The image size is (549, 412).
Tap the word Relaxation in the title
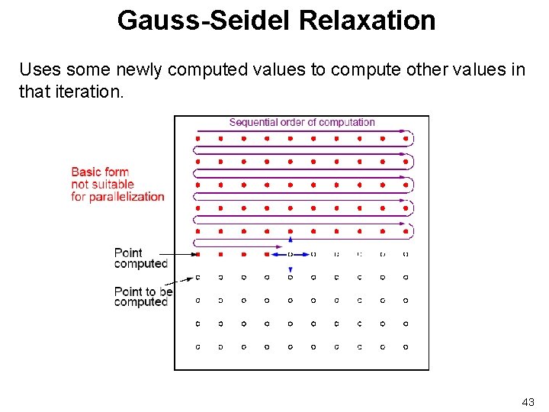(x=368, y=20)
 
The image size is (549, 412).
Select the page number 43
(x=528, y=401)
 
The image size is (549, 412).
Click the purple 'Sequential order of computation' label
(x=302, y=122)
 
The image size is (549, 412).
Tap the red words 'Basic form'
(x=100, y=172)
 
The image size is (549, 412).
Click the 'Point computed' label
(x=140, y=258)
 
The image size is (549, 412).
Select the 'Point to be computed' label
(x=143, y=297)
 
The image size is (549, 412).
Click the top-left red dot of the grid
(x=198, y=139)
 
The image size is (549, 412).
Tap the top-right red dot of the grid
(x=405, y=139)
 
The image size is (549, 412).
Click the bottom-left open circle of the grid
(x=198, y=346)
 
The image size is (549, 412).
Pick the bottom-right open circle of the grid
(x=405, y=346)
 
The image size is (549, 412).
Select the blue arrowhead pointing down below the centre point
(x=290, y=270)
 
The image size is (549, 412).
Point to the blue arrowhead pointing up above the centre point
(x=290, y=240)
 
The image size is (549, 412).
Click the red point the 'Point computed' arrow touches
(x=198, y=254)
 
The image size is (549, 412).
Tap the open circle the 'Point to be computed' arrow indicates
(x=198, y=277)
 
